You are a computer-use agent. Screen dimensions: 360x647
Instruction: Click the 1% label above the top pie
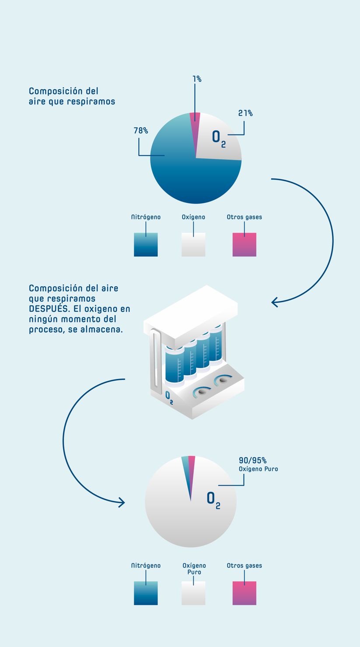pyautogui.click(x=197, y=79)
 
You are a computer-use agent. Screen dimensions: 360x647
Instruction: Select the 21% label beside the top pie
pyautogui.click(x=245, y=113)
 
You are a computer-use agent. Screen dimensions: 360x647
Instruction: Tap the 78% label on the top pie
pyautogui.click(x=141, y=131)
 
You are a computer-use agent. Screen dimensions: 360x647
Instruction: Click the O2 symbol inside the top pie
pyautogui.click(x=219, y=139)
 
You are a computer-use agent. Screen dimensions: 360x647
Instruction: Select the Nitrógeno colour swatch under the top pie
pyautogui.click(x=146, y=245)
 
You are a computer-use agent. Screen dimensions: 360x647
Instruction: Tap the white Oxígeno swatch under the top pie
pyautogui.click(x=193, y=245)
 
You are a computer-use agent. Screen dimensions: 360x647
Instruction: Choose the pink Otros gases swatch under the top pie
pyautogui.click(x=245, y=245)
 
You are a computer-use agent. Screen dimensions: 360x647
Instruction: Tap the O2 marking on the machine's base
pyautogui.click(x=169, y=398)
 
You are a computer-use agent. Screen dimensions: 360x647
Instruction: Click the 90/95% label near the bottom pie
pyautogui.click(x=252, y=460)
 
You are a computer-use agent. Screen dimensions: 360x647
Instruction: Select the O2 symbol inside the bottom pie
pyautogui.click(x=213, y=500)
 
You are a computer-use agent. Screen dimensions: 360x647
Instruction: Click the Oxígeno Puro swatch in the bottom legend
pyautogui.click(x=193, y=593)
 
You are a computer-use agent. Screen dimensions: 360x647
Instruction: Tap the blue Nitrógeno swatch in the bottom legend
pyautogui.click(x=146, y=593)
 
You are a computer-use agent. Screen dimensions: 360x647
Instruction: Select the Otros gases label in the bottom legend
pyautogui.click(x=245, y=566)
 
